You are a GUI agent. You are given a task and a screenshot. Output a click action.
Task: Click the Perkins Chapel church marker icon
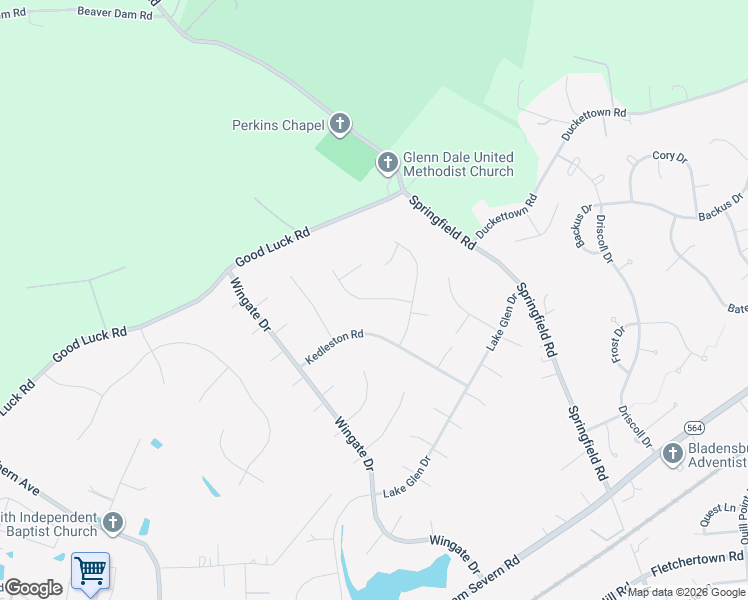pos(339,125)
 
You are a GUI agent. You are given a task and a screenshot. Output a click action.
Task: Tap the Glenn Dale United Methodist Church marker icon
pos(387,162)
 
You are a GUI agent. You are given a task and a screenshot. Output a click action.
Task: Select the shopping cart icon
pos(91,571)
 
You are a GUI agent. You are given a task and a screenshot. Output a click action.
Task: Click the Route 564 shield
pos(693,427)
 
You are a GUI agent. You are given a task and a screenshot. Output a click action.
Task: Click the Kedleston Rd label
pos(334,348)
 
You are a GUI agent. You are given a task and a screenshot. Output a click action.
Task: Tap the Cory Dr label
pos(669,157)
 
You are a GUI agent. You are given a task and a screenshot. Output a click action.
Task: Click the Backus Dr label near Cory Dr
pos(721,207)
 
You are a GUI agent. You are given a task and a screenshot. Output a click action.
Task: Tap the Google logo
pos(34,588)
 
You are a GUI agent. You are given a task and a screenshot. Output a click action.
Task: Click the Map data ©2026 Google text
pos(686,592)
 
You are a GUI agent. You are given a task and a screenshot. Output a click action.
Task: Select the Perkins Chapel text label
pos(278,126)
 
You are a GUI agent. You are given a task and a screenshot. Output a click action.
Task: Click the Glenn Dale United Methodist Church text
pos(458,164)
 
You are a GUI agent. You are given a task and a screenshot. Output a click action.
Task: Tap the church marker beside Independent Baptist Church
pos(113,522)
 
